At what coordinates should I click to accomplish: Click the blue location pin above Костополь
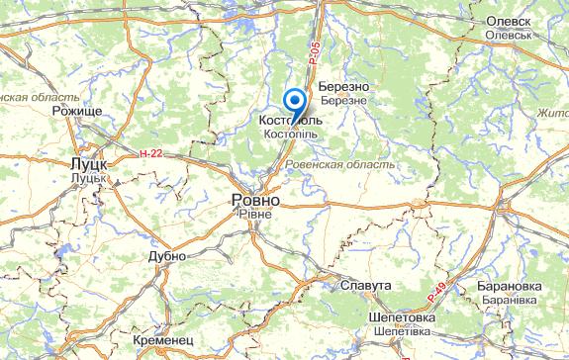coord(294,101)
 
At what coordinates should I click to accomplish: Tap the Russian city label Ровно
coord(254,200)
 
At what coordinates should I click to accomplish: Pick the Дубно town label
coord(166,256)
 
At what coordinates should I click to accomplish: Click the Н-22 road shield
coord(150,153)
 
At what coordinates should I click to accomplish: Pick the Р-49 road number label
coord(438,292)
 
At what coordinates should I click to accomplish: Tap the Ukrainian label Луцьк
coord(88,177)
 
